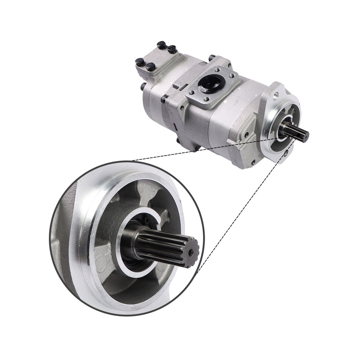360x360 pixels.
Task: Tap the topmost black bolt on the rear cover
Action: [x=162, y=45]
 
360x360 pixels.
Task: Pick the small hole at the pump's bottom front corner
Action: [x=253, y=162]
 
